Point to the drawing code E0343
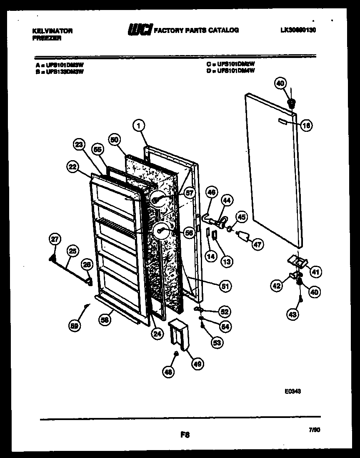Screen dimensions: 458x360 293,391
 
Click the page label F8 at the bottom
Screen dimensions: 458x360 185,435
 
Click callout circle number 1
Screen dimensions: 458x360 139,125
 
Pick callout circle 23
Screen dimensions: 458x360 79,145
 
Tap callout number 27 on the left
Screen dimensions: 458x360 55,239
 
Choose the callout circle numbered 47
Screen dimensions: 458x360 257,244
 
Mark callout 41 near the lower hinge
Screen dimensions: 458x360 315,272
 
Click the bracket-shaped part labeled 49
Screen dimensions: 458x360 178,332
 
